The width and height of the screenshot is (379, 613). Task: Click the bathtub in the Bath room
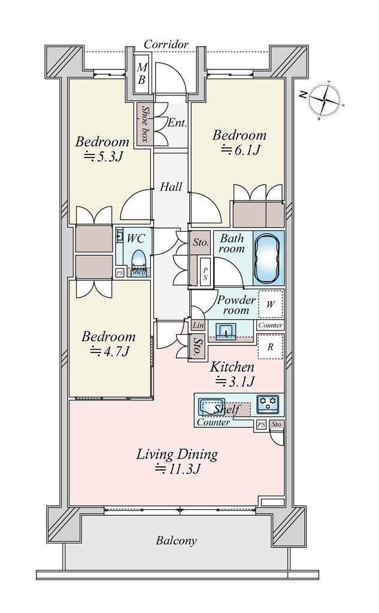click(268, 257)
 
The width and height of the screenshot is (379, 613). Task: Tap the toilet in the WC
click(137, 259)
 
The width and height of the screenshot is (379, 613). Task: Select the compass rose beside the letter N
click(325, 100)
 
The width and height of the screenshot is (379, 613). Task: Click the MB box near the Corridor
click(141, 75)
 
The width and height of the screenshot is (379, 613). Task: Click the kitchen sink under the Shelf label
click(211, 407)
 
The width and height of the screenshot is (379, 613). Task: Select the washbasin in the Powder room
click(226, 330)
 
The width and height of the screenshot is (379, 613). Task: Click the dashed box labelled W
click(270, 304)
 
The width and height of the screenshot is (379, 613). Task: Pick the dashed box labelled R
click(270, 347)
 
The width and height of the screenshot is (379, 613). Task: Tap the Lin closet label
click(198, 325)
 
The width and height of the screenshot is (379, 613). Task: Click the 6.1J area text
click(241, 150)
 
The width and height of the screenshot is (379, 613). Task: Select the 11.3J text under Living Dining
click(178, 469)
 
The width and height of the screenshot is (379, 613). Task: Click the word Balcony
click(176, 541)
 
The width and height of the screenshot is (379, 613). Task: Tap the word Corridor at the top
click(166, 44)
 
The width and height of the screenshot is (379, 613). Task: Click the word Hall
click(171, 187)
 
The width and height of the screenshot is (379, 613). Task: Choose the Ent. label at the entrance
click(177, 123)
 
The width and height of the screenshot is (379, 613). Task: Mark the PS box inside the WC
click(120, 273)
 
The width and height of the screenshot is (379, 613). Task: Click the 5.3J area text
click(104, 156)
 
